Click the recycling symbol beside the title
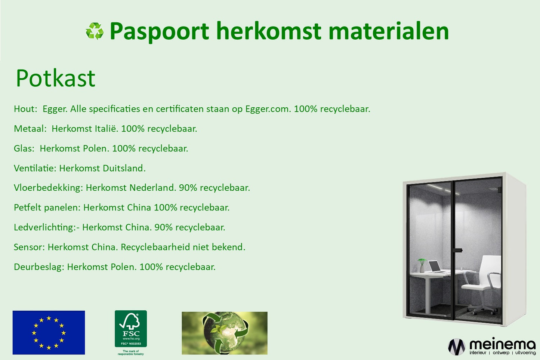(x=95, y=31)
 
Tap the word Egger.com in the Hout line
(x=268, y=109)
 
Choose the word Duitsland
(x=124, y=168)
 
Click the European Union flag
(x=49, y=332)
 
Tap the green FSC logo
(x=131, y=329)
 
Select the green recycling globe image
(x=225, y=333)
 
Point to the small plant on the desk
(x=422, y=265)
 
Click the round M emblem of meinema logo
(x=456, y=347)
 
